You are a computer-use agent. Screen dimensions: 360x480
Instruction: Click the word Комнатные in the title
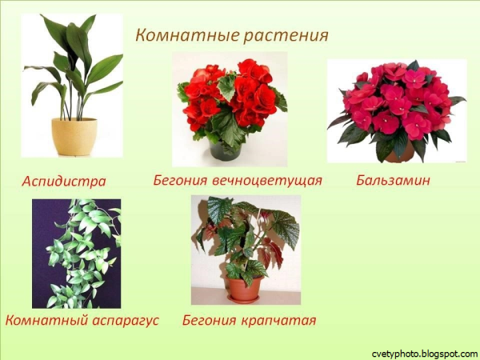tap(175, 36)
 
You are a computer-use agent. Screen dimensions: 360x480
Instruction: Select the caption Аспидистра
tap(64, 181)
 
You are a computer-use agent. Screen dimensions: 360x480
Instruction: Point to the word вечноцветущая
tap(270, 180)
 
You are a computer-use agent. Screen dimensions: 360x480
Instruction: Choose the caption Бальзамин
tap(393, 180)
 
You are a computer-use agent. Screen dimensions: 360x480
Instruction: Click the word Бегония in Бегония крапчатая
tap(210, 321)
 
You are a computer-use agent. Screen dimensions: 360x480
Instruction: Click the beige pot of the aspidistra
tap(74, 136)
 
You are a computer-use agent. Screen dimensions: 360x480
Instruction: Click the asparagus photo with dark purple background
tap(76, 254)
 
